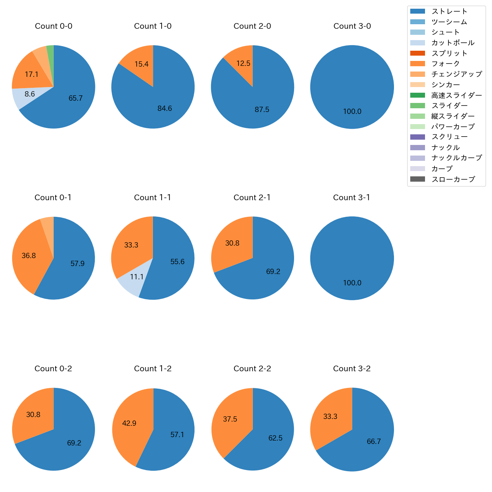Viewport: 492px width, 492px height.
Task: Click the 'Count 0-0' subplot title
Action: [x=53, y=26]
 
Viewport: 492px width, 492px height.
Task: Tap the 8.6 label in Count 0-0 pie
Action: [x=30, y=94]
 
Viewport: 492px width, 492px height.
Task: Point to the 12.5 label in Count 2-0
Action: [x=243, y=63]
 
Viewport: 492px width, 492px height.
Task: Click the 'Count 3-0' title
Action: [x=352, y=26]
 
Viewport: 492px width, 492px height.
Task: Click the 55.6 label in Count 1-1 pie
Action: [x=177, y=262]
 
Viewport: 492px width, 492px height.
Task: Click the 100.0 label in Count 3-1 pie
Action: [x=352, y=283]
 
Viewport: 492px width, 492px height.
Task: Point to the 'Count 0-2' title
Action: [x=53, y=369]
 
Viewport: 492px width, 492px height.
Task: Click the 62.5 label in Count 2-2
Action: [x=275, y=438]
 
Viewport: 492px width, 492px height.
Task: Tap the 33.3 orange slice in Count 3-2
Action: [x=330, y=416]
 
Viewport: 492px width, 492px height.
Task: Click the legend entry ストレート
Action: [x=449, y=11]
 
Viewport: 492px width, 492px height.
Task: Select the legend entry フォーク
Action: [x=445, y=64]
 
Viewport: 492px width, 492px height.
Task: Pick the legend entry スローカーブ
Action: [x=453, y=179]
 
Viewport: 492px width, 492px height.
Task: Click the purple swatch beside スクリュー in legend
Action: [x=417, y=137]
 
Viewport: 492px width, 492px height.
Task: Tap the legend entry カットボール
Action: [x=453, y=43]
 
